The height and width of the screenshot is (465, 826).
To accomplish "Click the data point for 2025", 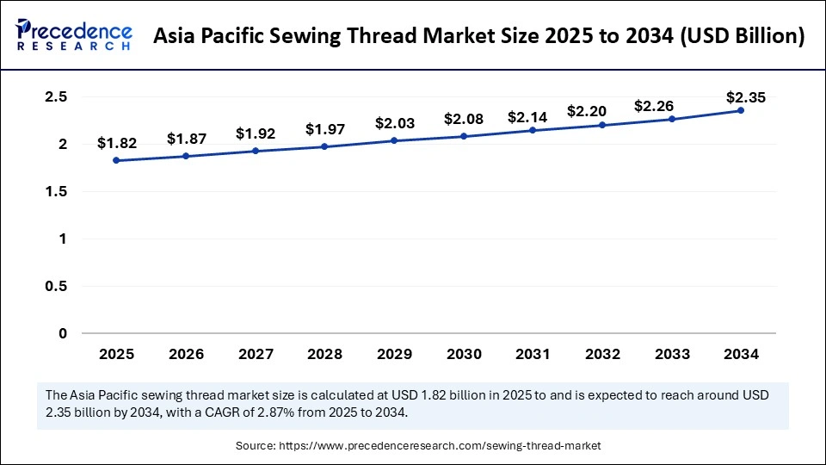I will (116, 160).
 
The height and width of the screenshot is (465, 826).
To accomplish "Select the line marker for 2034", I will (741, 110).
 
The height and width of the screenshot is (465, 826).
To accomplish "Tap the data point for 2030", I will (463, 136).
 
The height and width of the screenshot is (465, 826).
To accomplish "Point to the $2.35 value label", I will (741, 97).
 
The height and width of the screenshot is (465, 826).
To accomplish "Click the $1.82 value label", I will (116, 142).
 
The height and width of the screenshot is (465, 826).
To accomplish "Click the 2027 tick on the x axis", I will (255, 353).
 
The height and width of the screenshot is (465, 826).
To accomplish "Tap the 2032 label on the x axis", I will (602, 353).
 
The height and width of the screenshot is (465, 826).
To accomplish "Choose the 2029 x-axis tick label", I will (393, 353).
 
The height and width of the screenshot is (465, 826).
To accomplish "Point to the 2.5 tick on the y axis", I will (56, 97).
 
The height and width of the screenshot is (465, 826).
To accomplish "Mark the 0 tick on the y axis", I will (63, 333).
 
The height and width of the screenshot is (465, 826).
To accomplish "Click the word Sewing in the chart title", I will (355, 36).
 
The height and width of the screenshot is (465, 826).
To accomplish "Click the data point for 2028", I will (324, 146).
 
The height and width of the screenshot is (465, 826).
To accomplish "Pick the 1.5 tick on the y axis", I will (56, 191).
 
